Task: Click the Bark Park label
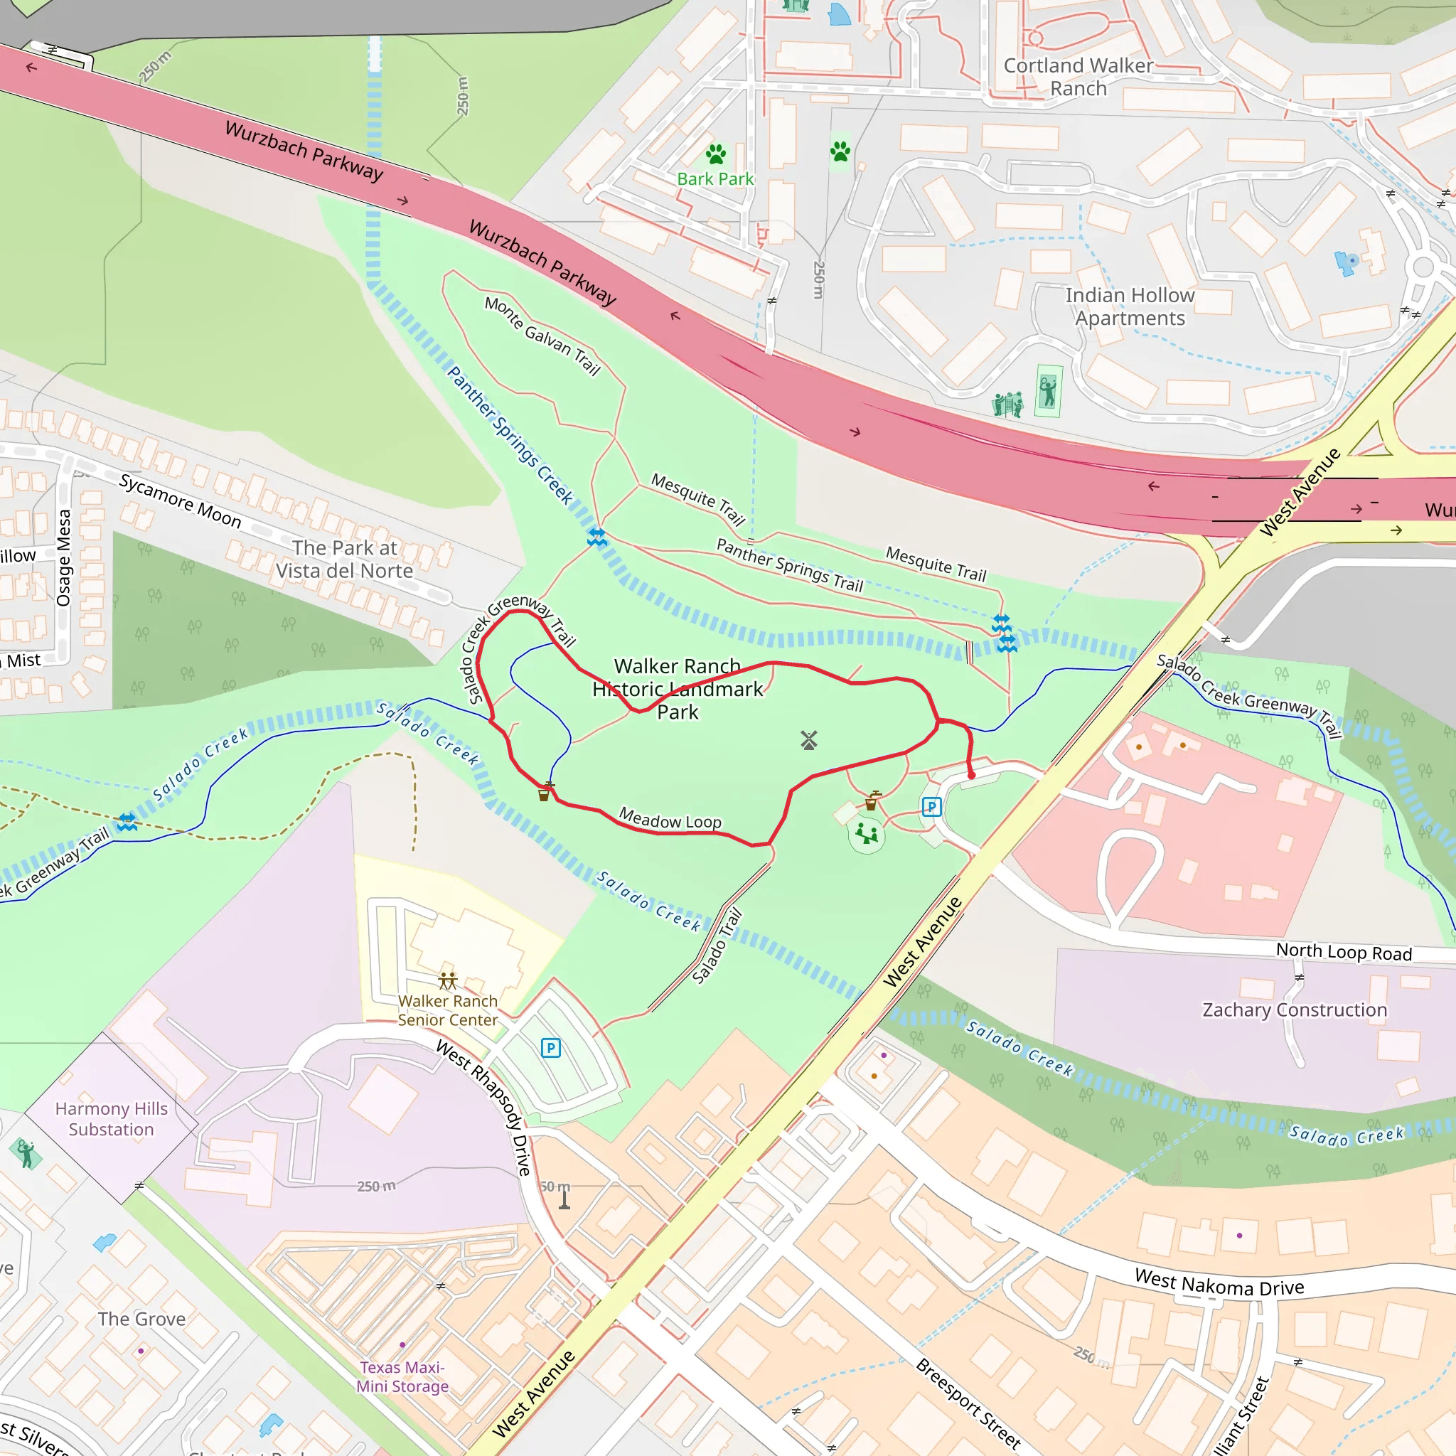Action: [714, 178]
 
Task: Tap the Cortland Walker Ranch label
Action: [1078, 77]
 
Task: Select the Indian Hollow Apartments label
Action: [1129, 306]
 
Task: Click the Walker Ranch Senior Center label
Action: [448, 1010]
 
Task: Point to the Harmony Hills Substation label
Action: [111, 1118]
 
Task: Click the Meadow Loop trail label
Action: [670, 818]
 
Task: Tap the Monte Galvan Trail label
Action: [542, 336]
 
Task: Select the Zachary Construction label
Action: [1294, 1010]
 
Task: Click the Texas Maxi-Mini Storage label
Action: [402, 1376]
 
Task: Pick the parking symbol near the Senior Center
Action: [551, 1047]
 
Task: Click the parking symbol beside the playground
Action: [931, 807]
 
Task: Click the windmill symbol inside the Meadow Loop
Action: [808, 740]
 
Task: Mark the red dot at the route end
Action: [971, 775]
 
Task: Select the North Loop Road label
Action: [1344, 952]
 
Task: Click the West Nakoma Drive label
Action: [1219, 1282]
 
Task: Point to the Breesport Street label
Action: [968, 1403]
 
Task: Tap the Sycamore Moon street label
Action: [180, 501]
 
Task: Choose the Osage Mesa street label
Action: [65, 557]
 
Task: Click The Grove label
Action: [141, 1319]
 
